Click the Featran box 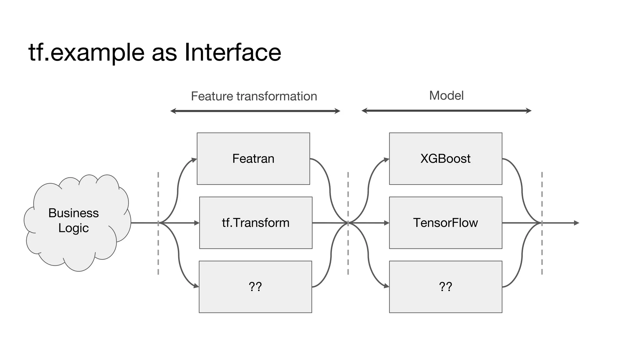pyautogui.click(x=253, y=158)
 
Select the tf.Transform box pyautogui.click(x=256, y=222)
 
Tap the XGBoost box pyautogui.click(x=445, y=158)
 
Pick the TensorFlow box pyautogui.click(x=445, y=222)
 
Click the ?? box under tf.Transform pyautogui.click(x=255, y=287)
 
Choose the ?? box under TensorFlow pyautogui.click(x=445, y=287)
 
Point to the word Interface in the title pyautogui.click(x=233, y=52)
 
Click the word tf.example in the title pyautogui.click(x=86, y=52)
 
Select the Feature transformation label pyautogui.click(x=254, y=96)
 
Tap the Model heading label pyautogui.click(x=446, y=96)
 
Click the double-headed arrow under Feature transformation pyautogui.click(x=255, y=111)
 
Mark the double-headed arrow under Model pyautogui.click(x=446, y=111)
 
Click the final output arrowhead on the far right pyautogui.click(x=577, y=223)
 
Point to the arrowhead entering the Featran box pyautogui.click(x=194, y=160)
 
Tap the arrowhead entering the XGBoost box pyautogui.click(x=387, y=160)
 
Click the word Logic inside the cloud pyautogui.click(x=73, y=228)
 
